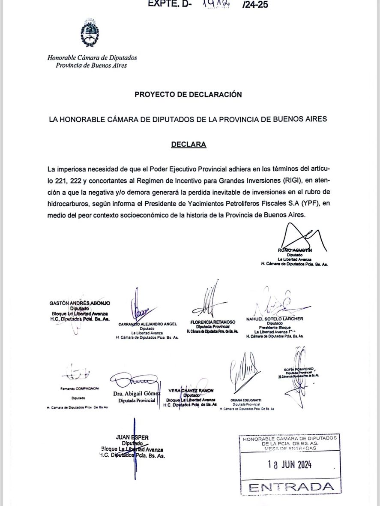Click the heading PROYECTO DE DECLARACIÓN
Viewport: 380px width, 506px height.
tap(188, 94)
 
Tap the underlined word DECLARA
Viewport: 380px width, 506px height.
tap(189, 145)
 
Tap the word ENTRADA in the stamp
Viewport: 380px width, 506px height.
tap(291, 487)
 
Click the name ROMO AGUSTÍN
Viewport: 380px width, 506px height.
tap(295, 250)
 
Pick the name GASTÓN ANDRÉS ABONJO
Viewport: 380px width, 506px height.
tap(80, 303)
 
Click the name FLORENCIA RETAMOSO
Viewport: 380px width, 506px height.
tap(212, 322)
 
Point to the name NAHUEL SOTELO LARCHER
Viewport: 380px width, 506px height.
tap(275, 319)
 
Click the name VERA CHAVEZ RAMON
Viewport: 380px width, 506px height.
tap(191, 390)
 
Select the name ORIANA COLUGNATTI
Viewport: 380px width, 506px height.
tap(246, 400)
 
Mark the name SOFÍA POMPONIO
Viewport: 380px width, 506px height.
tap(299, 369)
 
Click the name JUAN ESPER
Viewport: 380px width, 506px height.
tap(132, 437)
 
